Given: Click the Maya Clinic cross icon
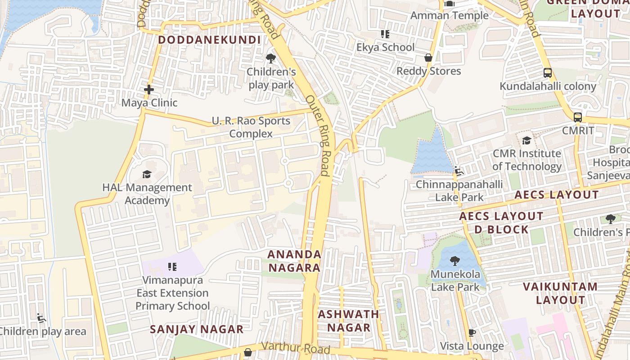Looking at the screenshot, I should [x=149, y=90].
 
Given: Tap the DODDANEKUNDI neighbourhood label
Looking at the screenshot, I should [x=209, y=40].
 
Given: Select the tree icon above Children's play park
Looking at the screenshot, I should [x=270, y=58].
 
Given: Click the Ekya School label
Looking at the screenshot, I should [x=385, y=47].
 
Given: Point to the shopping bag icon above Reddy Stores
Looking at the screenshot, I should [x=428, y=58].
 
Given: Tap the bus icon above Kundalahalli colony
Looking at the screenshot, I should [x=548, y=72].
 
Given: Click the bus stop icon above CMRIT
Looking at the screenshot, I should [x=578, y=117].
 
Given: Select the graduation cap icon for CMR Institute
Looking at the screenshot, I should [x=526, y=140].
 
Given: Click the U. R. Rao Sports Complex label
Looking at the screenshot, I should [x=251, y=127].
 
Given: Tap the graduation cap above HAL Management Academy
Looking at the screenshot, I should [x=147, y=174].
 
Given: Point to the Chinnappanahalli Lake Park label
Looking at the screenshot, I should [x=459, y=191].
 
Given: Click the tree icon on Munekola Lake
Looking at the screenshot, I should [x=455, y=261].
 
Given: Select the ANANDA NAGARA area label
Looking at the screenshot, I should [x=294, y=261].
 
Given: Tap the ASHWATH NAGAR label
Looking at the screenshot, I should [x=348, y=321].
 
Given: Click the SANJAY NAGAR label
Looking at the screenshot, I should [x=197, y=329].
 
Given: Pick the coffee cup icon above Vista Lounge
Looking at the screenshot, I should [x=472, y=333].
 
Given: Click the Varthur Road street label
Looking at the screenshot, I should [x=295, y=348].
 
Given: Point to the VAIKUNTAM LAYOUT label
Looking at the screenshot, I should [x=560, y=293].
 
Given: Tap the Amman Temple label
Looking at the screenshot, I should [x=449, y=15].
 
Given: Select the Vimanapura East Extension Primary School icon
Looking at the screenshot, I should [x=172, y=267].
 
